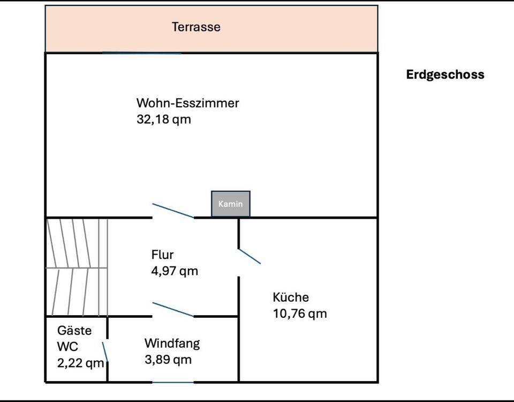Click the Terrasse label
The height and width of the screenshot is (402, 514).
[x=196, y=27]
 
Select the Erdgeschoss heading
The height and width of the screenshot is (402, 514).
[x=445, y=75]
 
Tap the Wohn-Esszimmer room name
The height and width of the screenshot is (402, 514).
[x=187, y=103]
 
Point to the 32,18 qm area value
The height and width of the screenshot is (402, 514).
[x=164, y=119]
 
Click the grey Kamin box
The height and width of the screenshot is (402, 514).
[x=230, y=204]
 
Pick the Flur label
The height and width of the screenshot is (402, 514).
[x=162, y=255]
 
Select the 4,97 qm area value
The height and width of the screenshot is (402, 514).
[x=175, y=271]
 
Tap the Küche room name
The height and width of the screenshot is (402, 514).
[x=291, y=297]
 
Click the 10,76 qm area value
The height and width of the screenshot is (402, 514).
[x=300, y=314]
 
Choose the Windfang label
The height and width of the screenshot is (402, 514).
[x=172, y=343]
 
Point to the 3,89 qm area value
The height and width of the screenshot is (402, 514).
[x=168, y=360]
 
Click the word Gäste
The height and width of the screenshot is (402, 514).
[x=74, y=330]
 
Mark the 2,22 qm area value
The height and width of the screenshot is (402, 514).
[x=80, y=363]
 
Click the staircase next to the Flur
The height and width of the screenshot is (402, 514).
[x=77, y=266]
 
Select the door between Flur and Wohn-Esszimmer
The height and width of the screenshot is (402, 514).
[x=173, y=211]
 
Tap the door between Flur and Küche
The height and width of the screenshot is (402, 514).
[x=249, y=256]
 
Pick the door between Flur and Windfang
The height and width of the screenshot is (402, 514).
[x=173, y=310]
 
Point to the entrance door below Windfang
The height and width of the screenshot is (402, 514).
[x=172, y=382]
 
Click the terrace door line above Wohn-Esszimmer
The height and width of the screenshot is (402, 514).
[x=142, y=53]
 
